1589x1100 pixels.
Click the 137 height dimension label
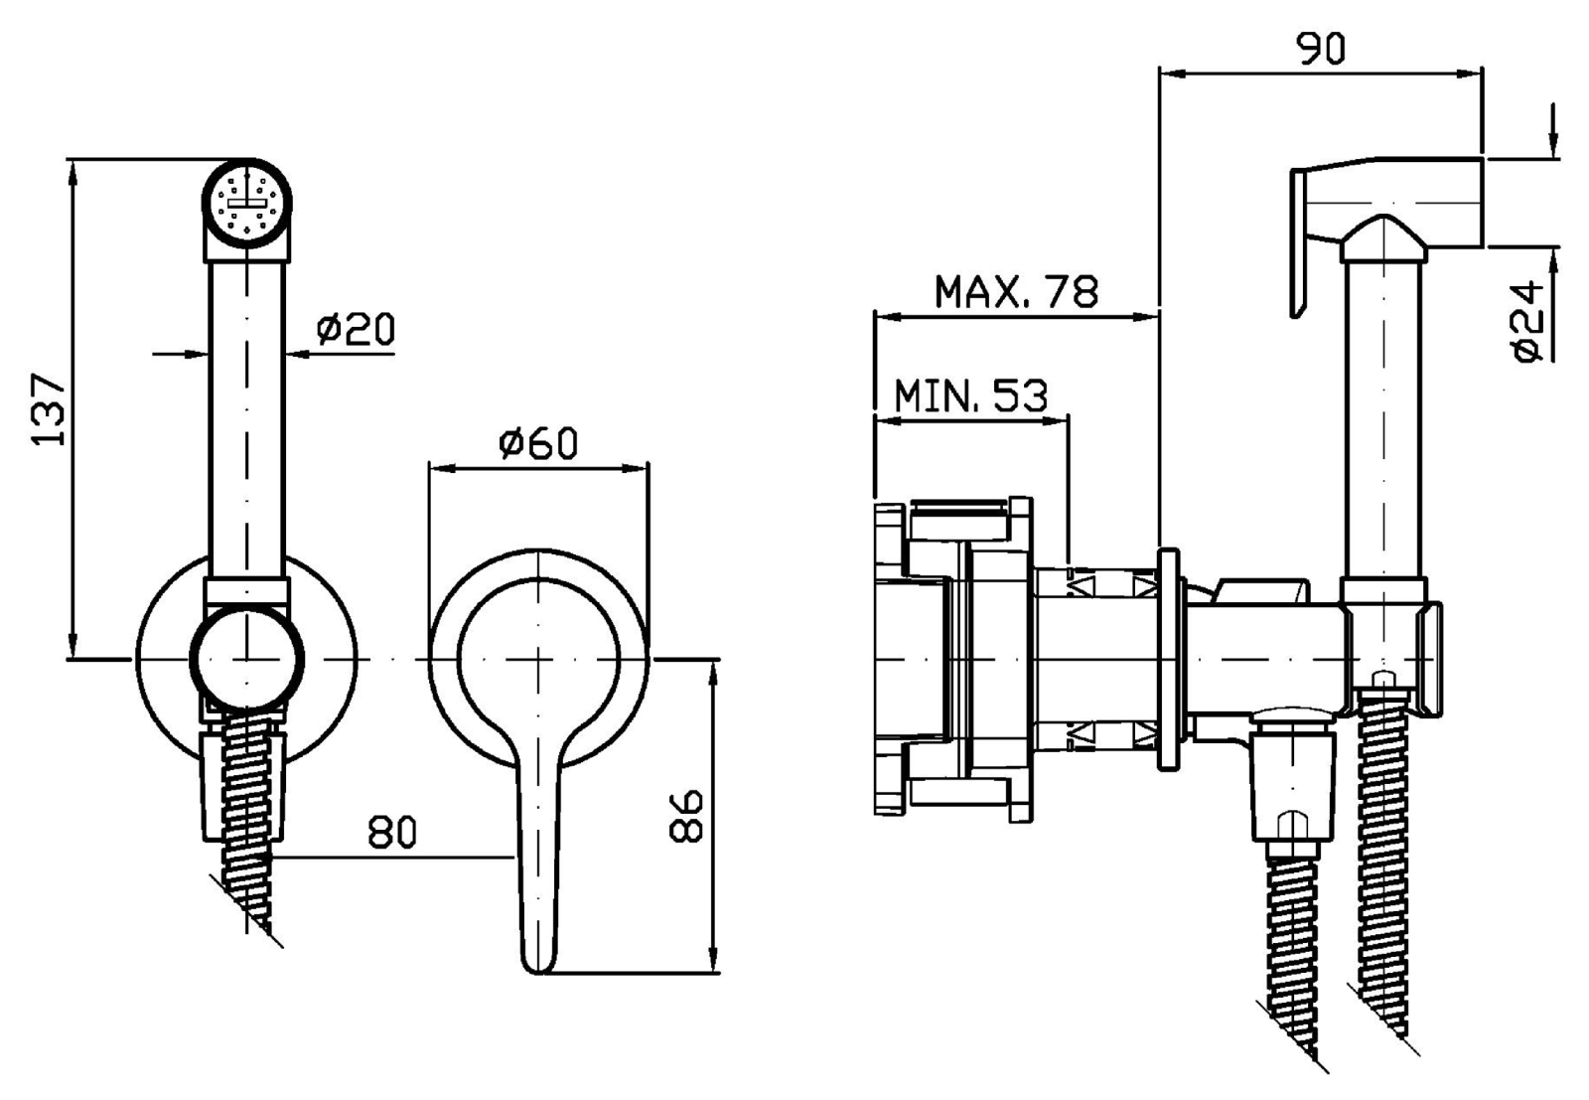click(50, 409)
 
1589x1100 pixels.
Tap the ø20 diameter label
click(356, 329)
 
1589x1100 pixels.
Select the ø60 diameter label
click(538, 443)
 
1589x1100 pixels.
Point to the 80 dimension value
click(392, 833)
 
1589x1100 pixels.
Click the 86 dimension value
click(686, 816)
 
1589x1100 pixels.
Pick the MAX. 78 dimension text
click(1017, 291)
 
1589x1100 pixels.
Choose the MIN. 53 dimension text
click(971, 396)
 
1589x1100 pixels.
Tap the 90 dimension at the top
click(1321, 49)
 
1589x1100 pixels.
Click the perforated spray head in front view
click(247, 202)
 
